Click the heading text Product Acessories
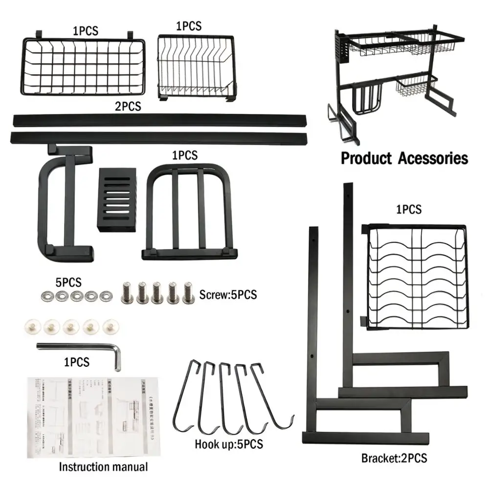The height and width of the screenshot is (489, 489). pos(404,158)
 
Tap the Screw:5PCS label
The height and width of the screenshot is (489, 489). pos(228,295)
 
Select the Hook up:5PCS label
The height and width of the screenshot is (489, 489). pos(229,444)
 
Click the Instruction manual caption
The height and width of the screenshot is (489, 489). pos(103,467)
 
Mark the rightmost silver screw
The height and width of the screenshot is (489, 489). pos(187,293)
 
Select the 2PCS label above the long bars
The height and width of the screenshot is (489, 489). pos(129,106)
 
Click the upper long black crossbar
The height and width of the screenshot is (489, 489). pos(160,120)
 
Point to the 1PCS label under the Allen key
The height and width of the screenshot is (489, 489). pos(77,362)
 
